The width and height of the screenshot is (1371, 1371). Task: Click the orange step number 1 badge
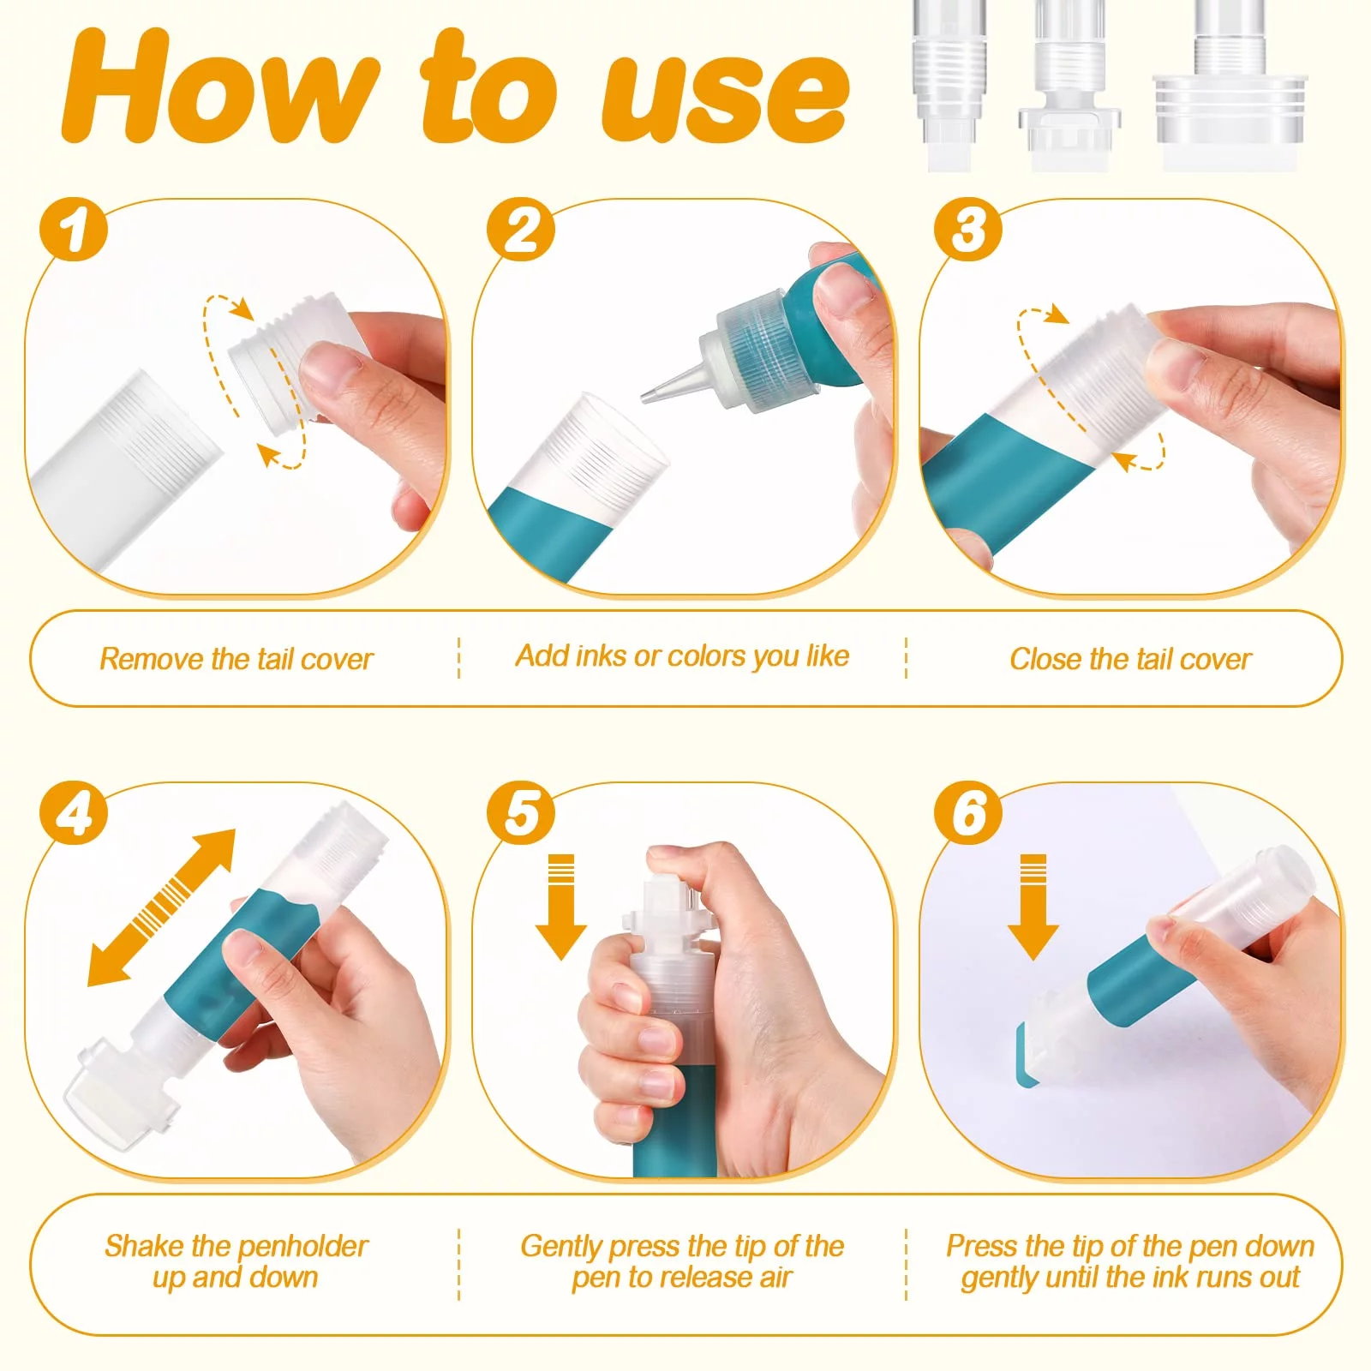click(74, 230)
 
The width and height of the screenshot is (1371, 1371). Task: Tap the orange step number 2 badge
click(521, 230)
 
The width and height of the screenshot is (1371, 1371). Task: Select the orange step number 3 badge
click(968, 230)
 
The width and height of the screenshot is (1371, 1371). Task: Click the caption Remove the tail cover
click(236, 659)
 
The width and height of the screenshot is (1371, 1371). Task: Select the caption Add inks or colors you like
click(682, 656)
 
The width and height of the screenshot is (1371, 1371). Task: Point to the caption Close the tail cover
click(1130, 659)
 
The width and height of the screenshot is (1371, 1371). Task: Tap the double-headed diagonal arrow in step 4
click(162, 907)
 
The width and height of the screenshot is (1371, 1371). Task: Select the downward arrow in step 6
click(1033, 907)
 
